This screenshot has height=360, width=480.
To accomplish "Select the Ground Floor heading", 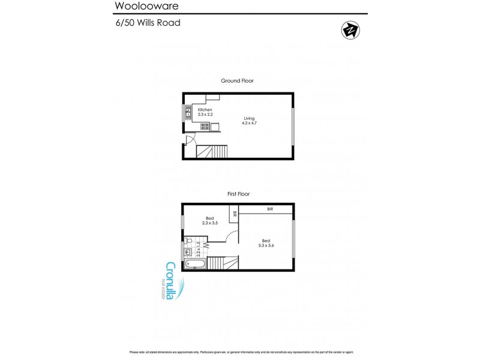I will click(x=238, y=80).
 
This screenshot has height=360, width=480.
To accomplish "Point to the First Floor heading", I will click(x=238, y=194).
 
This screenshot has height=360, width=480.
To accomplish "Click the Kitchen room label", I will click(x=205, y=110).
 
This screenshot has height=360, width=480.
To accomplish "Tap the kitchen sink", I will click(x=188, y=112).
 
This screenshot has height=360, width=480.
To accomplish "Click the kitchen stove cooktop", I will click(x=204, y=126).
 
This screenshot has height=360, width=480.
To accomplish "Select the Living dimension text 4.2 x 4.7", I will click(x=248, y=122).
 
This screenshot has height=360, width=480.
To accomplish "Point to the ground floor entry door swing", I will click(x=190, y=141).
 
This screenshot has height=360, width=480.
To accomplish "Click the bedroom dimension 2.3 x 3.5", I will click(x=210, y=223).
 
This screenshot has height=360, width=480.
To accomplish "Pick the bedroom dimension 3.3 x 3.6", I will click(x=267, y=245).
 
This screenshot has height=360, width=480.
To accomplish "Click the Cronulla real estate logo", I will click(x=171, y=282).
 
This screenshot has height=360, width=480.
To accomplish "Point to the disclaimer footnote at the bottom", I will click(x=239, y=352).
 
